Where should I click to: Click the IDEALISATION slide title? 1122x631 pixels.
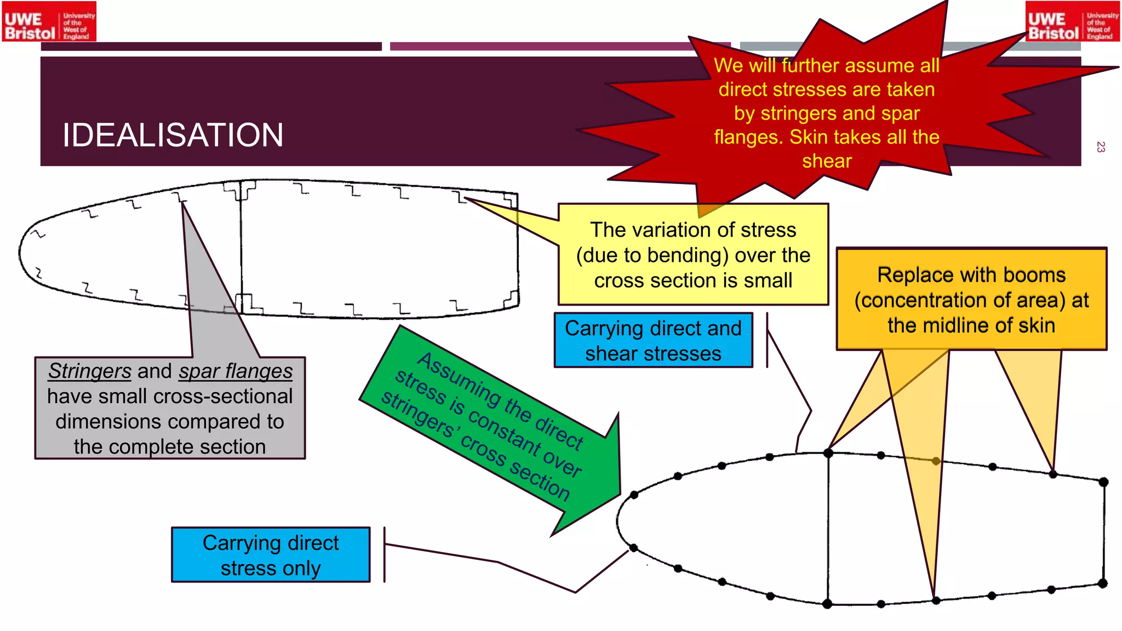pos(173,135)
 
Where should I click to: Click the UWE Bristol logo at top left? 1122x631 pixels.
pos(49,22)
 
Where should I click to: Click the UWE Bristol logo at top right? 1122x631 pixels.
pos(1072,22)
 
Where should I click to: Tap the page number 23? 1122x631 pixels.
pos(1100,147)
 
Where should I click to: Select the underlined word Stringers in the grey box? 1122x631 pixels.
pos(90,371)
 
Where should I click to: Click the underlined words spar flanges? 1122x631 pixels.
pos(236,371)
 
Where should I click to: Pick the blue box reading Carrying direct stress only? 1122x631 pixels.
pos(271,555)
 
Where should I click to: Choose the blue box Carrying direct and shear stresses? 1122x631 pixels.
pos(653,340)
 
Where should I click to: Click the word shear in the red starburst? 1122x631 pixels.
pos(827,161)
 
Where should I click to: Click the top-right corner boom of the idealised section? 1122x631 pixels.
pos(1103,482)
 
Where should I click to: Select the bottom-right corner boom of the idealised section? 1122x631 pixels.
pos(1103,583)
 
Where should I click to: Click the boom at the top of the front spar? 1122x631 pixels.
pos(828,453)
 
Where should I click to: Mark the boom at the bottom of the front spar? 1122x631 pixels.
pos(827,604)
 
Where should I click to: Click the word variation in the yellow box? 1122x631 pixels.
pos(662,230)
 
